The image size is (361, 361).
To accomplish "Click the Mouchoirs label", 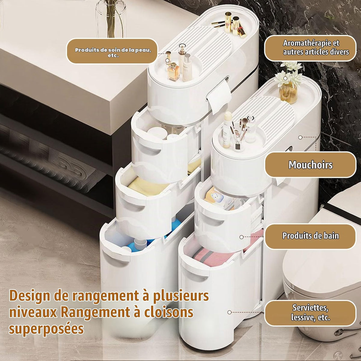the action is point(310,165).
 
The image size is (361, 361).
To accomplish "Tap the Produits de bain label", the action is point(310,236).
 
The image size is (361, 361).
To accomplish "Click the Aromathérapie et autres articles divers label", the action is point(311,48).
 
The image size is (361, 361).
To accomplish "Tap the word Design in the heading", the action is point(30,297).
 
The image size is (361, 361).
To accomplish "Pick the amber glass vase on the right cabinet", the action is point(288,93).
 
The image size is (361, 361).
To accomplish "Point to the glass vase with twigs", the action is point(111,19).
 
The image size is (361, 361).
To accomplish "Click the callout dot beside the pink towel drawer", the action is point(242,237).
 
